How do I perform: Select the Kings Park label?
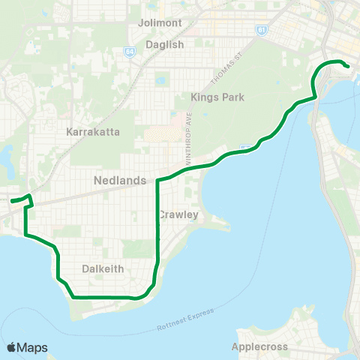(x=214, y=97)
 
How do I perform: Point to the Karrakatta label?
(x=93, y=131)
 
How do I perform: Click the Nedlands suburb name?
(x=115, y=180)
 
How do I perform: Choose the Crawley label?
(x=178, y=215)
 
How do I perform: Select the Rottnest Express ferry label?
(x=186, y=320)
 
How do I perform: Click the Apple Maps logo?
(x=26, y=347)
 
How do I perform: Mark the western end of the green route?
(x=11, y=200)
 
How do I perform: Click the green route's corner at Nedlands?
(x=157, y=181)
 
